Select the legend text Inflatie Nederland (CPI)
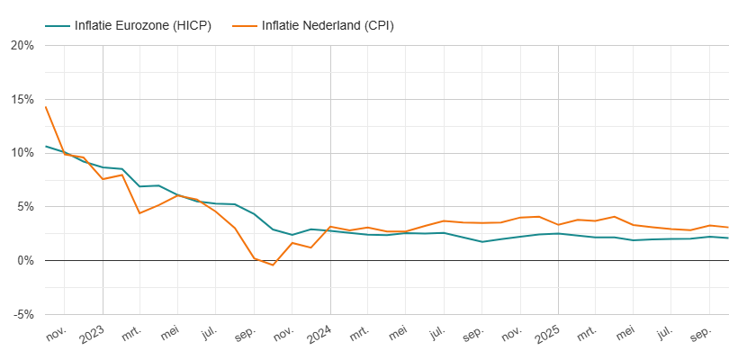[328, 25]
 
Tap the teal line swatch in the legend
[57, 25]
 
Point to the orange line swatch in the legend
[243, 25]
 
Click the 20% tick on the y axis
[22, 45]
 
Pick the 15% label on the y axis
[22, 99]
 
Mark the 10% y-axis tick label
[22, 153]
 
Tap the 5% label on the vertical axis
[25, 207]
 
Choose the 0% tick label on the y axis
[25, 261]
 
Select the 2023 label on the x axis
[92, 336]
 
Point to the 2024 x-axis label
[319, 336]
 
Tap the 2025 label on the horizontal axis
[547, 336]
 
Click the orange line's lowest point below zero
[273, 265]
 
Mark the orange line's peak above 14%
[45, 107]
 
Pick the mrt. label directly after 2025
[586, 336]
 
